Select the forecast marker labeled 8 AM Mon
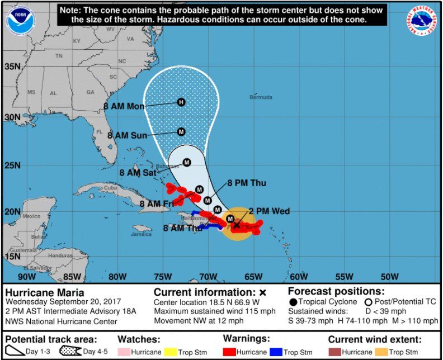pos(181,102)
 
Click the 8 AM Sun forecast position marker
pos(181,132)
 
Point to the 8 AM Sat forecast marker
pos(187,163)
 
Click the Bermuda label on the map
pos(261,97)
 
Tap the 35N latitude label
pos(12,67)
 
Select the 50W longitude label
pos(389,276)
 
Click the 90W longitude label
pos(26,276)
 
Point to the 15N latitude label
pos(12,256)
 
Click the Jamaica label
pos(141,234)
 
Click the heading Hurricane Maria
pos(45,292)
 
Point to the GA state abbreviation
pos(90,92)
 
